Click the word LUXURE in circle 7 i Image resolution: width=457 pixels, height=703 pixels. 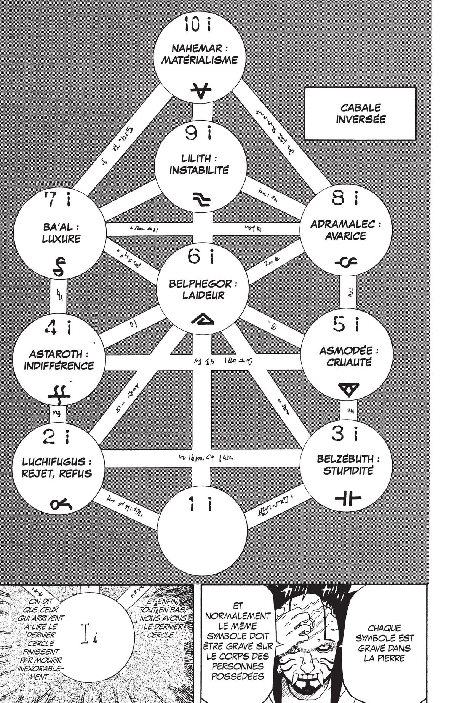click(x=61, y=239)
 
